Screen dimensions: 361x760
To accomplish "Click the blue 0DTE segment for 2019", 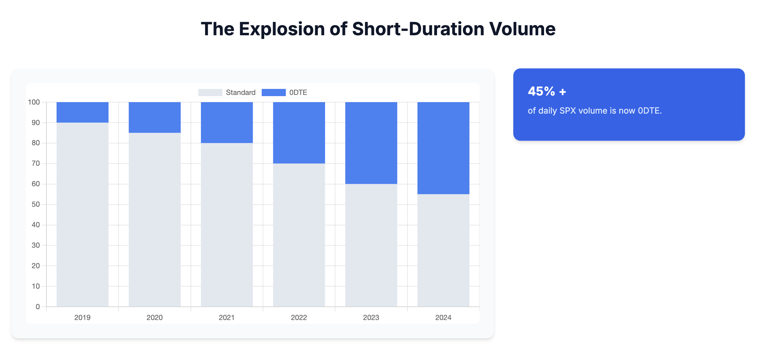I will click(x=82, y=112).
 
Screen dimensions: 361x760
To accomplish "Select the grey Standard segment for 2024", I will click(x=443, y=250).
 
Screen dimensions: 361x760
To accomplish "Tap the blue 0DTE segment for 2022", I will click(x=299, y=133).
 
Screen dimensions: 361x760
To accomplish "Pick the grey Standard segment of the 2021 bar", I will click(x=227, y=224).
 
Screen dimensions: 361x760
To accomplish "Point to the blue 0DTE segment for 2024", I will click(x=443, y=148).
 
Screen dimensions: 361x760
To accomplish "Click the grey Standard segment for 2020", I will click(x=154, y=219).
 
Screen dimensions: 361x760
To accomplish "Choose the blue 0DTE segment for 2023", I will click(x=371, y=143).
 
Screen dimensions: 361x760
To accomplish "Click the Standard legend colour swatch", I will click(x=210, y=93).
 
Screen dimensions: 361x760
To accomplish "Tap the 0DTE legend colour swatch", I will click(x=274, y=93).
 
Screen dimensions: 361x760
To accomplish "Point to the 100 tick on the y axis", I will click(x=34, y=102).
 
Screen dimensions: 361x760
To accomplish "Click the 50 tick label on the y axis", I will click(x=36, y=204).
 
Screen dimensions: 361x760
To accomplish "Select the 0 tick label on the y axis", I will click(x=38, y=307).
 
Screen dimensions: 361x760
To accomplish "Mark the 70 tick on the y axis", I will click(x=36, y=163).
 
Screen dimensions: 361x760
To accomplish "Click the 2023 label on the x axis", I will click(x=371, y=318).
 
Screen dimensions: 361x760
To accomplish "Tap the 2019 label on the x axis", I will click(x=82, y=318).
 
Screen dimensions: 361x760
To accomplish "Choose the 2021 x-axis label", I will click(x=227, y=318).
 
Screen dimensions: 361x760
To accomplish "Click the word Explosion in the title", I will click(x=282, y=29).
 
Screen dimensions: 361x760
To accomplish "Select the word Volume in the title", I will click(x=522, y=29).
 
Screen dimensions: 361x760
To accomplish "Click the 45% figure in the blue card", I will click(x=541, y=91).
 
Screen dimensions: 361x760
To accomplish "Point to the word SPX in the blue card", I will click(x=568, y=111).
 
